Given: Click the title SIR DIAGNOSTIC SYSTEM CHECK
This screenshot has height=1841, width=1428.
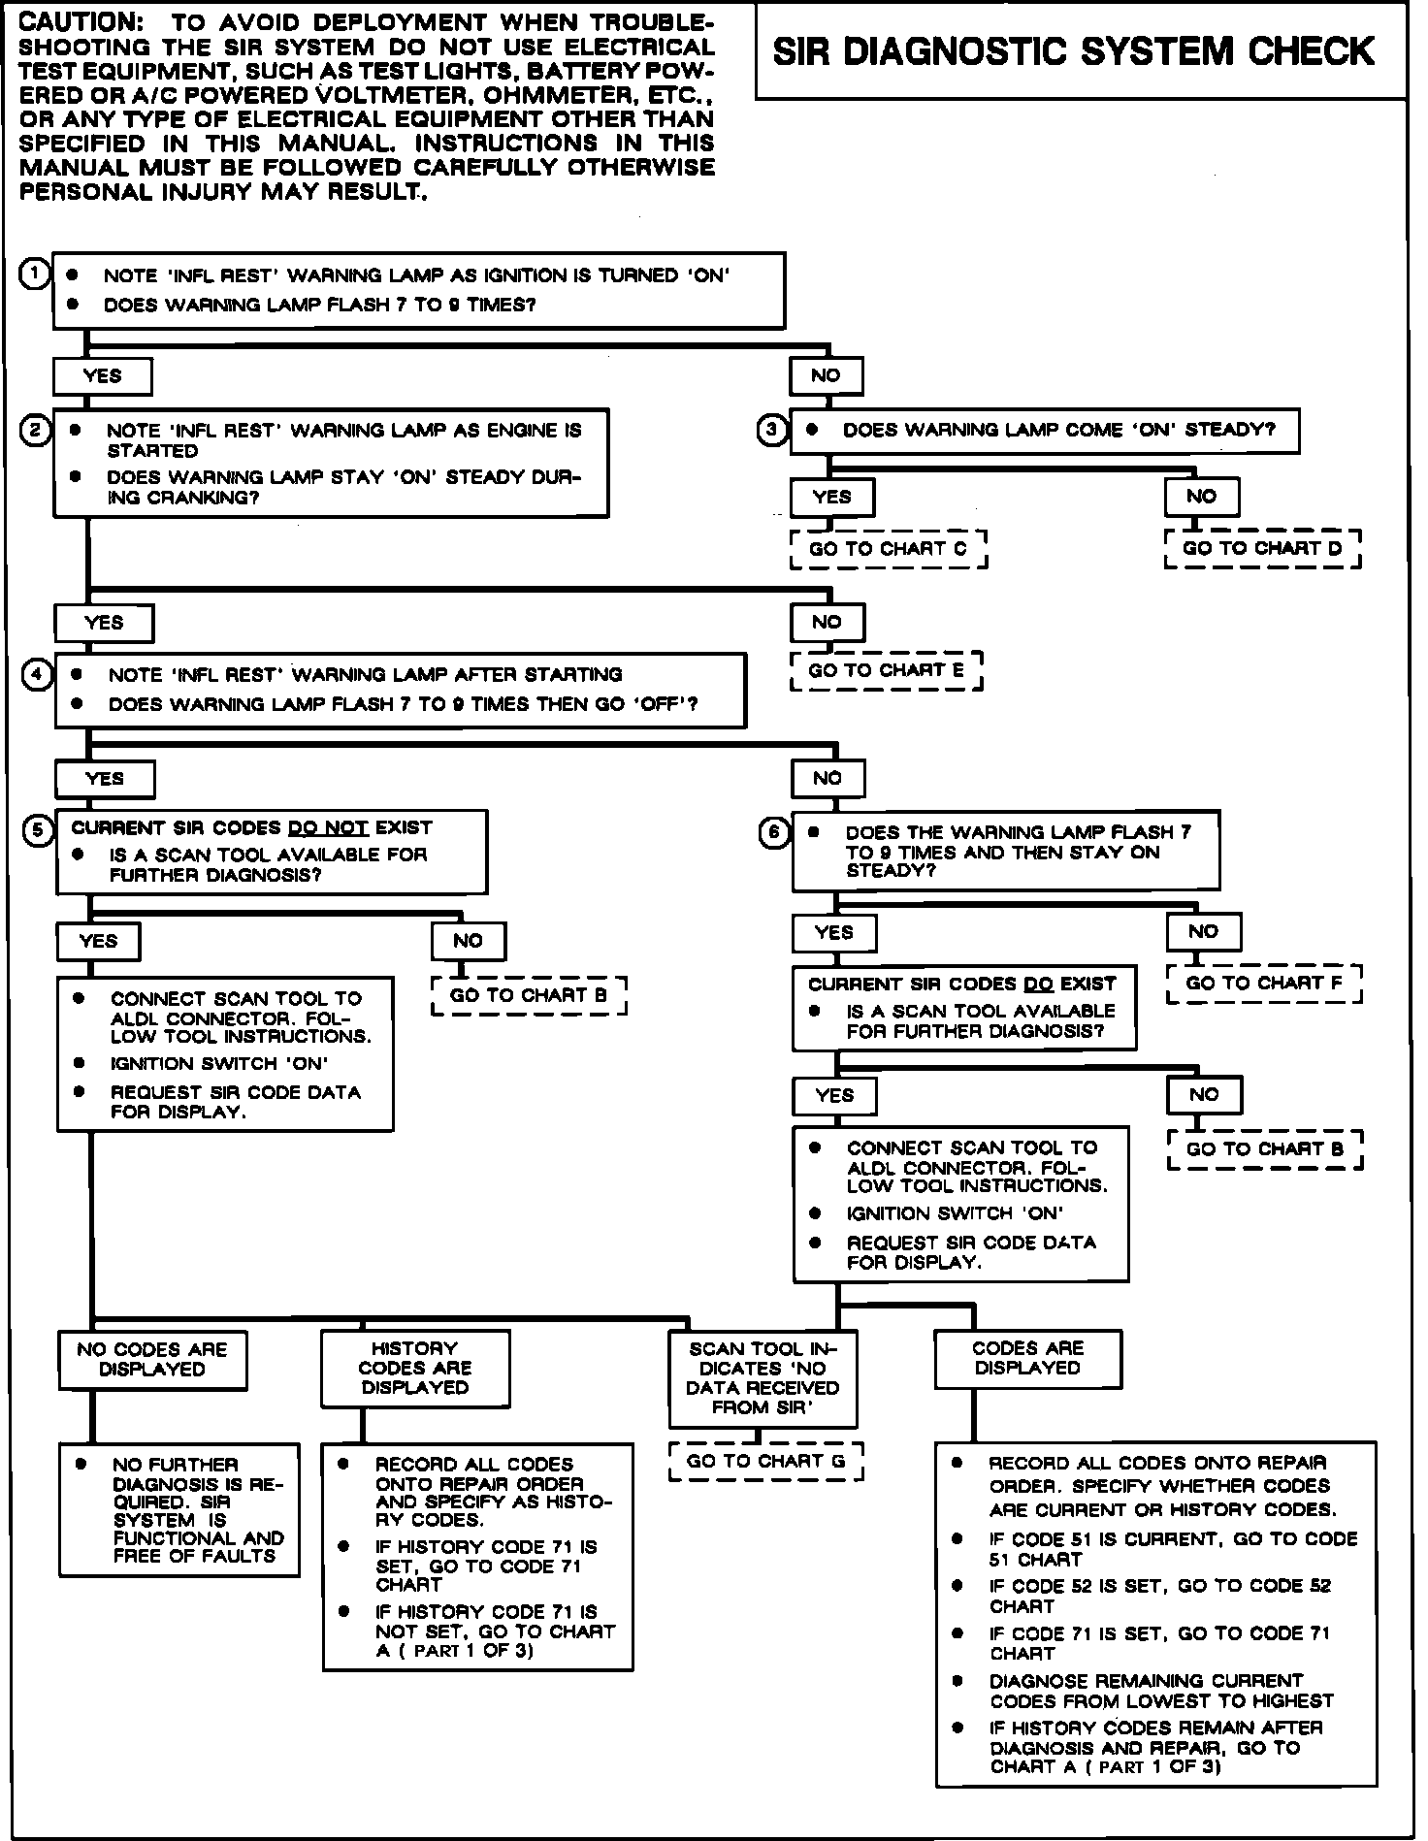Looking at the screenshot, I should coord(1073,51).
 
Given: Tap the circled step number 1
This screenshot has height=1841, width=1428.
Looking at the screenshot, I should coord(34,275).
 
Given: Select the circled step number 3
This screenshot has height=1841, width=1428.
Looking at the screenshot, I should coord(771,431).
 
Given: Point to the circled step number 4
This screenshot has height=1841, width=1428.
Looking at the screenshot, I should coord(37,674).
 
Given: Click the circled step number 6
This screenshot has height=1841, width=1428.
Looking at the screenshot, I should coord(774,833).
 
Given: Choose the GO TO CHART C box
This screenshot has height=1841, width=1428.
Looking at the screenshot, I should coord(888,549).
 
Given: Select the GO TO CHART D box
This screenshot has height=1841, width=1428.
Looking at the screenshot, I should coord(1262,548).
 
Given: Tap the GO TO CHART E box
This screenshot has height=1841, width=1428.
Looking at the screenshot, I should coord(886,670).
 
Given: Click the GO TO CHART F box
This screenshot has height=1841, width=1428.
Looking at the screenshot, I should coord(1264,984).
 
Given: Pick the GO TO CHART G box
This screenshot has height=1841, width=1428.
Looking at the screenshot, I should coord(765,1461).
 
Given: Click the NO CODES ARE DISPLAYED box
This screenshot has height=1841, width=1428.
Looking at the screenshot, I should coord(152,1359).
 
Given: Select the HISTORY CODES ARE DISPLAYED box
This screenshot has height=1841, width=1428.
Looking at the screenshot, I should coord(415,1368).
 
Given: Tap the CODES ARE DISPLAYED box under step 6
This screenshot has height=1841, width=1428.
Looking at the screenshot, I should coord(1027,1358).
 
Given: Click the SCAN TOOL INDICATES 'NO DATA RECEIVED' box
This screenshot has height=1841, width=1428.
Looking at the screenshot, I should coord(763,1377).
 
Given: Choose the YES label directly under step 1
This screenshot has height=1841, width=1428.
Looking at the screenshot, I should coord(103,376).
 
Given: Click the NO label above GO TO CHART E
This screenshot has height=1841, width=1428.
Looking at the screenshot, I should coord(827,622).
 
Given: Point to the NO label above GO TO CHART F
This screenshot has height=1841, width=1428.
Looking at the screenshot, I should coord(1203,931).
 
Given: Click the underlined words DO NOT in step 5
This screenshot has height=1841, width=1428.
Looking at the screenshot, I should coord(328,827).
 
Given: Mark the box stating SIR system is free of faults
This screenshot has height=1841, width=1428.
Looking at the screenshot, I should coord(179,1510).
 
